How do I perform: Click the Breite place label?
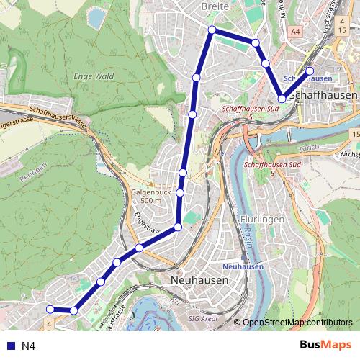pyautogui.click(x=215, y=6)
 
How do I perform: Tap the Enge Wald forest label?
pyautogui.click(x=94, y=76)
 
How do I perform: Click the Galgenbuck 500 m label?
pyautogui.click(x=151, y=197)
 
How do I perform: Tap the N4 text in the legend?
pyautogui.click(x=28, y=346)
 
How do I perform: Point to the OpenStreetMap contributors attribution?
pyautogui.click(x=297, y=323)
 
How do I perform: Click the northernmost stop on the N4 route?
pyautogui.click(x=212, y=30)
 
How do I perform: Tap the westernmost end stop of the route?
pyautogui.click(x=50, y=310)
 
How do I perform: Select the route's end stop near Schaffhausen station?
pyautogui.click(x=310, y=71)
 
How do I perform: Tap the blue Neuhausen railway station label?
pyautogui.click(x=243, y=266)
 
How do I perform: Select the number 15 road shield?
pyautogui.click(x=356, y=135)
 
